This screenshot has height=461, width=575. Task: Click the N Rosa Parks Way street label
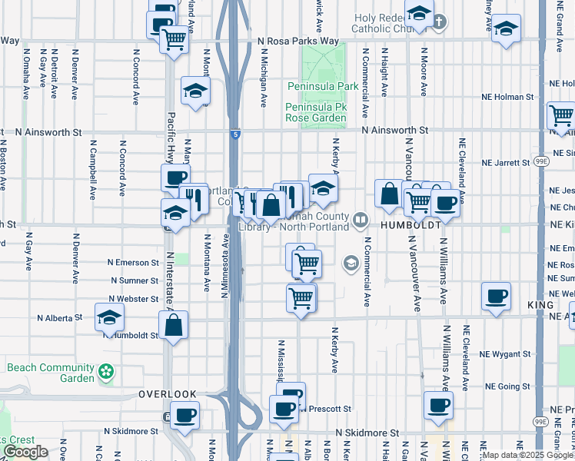click(298, 41)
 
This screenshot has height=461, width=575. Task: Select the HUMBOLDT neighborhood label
click(411, 226)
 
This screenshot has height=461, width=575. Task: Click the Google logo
click(26, 451)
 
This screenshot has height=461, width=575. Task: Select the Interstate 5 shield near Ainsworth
click(234, 134)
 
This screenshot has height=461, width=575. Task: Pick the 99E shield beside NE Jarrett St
click(542, 162)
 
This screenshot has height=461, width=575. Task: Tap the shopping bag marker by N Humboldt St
click(175, 325)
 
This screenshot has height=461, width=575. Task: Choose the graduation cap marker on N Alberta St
click(110, 317)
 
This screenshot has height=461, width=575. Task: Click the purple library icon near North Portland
click(359, 221)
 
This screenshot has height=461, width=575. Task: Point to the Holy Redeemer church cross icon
click(438, 20)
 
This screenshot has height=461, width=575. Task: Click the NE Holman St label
click(509, 97)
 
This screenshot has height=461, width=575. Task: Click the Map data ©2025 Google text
click(527, 455)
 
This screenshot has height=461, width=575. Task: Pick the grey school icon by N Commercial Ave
click(351, 264)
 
